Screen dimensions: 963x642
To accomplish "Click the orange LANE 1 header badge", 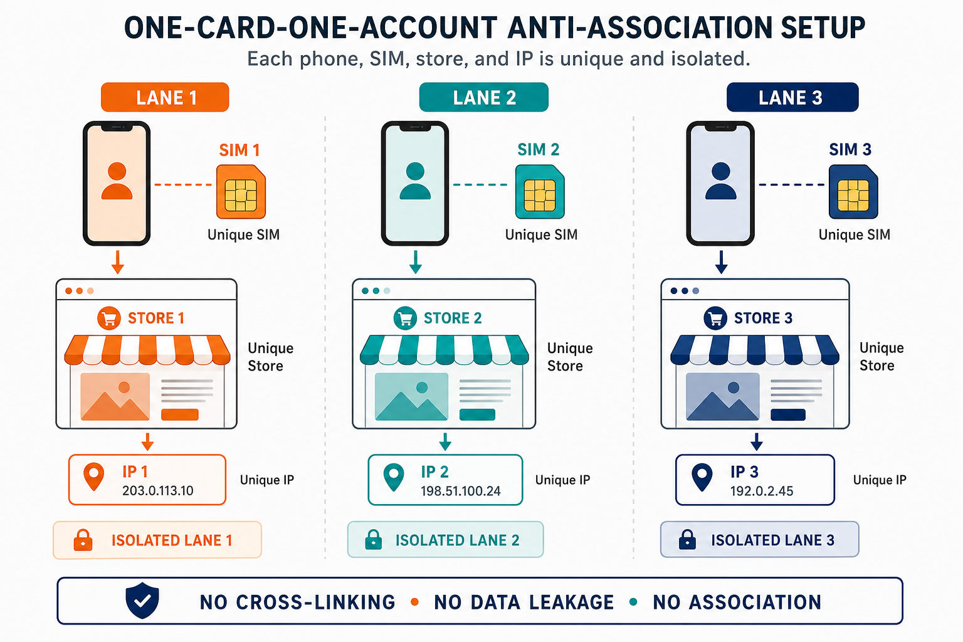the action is [165, 97].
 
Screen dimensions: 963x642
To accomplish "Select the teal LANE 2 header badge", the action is [483, 97].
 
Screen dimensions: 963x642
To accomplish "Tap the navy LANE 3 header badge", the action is [792, 97].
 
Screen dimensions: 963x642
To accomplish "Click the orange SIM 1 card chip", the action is [241, 192].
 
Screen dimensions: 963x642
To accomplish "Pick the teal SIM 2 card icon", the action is [540, 192].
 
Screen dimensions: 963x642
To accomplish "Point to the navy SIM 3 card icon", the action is [853, 192].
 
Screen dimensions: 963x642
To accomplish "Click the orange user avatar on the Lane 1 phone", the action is [117, 181].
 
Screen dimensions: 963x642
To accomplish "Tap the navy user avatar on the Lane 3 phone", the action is [721, 181].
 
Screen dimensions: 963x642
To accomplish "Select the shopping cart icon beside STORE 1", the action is [108, 318].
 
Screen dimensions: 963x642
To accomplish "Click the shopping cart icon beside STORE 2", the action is [405, 318].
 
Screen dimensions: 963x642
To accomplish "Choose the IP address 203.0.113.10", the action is [158, 491].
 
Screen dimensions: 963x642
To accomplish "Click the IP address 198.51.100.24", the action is [460, 491].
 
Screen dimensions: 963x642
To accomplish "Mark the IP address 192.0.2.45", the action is [761, 491].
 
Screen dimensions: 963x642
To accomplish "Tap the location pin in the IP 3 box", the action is [702, 477].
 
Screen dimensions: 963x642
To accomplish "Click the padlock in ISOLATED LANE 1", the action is [83, 540].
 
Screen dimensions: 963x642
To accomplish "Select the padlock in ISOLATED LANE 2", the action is [373, 540].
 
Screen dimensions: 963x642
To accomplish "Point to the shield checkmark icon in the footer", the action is [142, 600].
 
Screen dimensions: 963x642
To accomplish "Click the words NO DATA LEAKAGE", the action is [524, 602].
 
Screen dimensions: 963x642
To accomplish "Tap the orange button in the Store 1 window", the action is [180, 414].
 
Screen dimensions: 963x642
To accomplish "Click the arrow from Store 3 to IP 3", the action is [757, 441].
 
